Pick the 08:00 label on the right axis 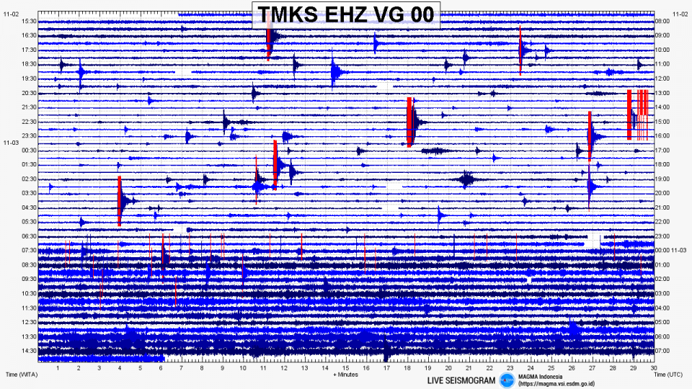click(x=662, y=22)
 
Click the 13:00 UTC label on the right click(x=662, y=93)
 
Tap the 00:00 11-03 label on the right click(x=670, y=250)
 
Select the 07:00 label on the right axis click(x=662, y=350)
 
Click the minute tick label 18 click(x=407, y=367)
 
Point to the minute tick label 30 click(x=653, y=367)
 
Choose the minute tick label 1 click(x=58, y=367)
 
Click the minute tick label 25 click(x=551, y=367)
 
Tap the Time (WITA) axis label click(x=21, y=375)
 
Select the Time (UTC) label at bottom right click(x=669, y=375)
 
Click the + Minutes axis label click(x=345, y=375)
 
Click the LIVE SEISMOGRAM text click(x=461, y=380)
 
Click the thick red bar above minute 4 click(x=120, y=201)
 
